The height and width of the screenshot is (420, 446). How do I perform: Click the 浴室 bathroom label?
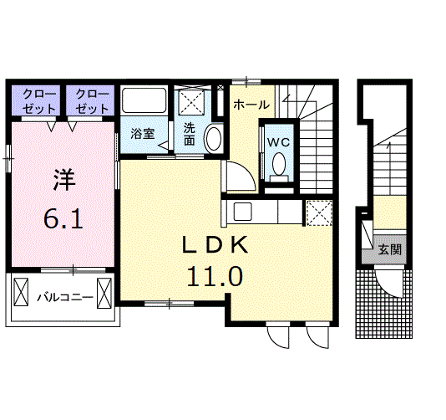[x=143, y=134]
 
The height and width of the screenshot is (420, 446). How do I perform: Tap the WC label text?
[x=278, y=142]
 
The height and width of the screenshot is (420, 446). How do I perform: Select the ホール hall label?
[x=251, y=105]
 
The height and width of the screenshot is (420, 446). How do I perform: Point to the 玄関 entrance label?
[x=390, y=249]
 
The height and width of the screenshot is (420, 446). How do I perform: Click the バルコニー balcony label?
[x=65, y=298]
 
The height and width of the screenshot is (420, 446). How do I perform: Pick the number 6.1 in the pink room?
[x=63, y=219]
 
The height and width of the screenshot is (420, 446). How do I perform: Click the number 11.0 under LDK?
[x=215, y=276]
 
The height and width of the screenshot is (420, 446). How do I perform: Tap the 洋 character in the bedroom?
[x=64, y=180]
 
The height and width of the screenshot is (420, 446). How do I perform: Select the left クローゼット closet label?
[x=39, y=101]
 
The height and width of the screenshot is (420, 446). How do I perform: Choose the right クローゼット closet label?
[x=92, y=101]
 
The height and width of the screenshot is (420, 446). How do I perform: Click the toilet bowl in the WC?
[x=279, y=164]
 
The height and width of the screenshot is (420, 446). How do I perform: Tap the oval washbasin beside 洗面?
[x=213, y=139]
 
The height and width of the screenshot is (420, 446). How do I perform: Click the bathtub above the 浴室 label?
[x=144, y=100]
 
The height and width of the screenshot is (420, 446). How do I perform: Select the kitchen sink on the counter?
[x=242, y=212]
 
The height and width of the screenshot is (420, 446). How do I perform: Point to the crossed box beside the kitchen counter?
[x=319, y=213]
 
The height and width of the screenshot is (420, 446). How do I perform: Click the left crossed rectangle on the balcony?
[x=22, y=292]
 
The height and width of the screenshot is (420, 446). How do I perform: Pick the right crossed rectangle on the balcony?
[x=104, y=293]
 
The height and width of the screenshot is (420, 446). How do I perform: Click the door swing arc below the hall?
[x=247, y=172]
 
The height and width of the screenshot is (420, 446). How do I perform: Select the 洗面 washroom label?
[x=189, y=134]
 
